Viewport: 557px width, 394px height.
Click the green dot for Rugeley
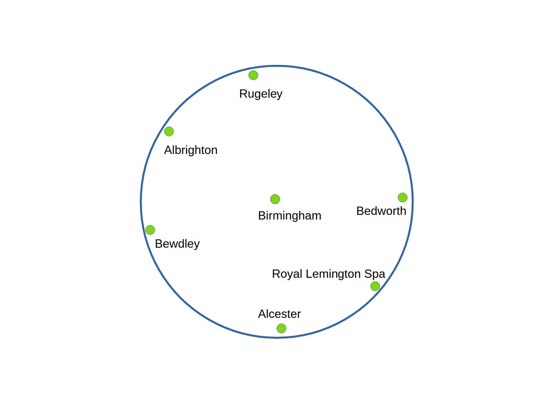tap(253, 75)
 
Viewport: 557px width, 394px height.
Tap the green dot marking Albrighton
tap(169, 131)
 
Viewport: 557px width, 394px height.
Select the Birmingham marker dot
tap(275, 199)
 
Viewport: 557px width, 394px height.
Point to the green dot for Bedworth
tap(403, 197)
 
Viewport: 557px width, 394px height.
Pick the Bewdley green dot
tap(150, 230)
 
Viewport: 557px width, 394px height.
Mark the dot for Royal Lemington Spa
tap(375, 286)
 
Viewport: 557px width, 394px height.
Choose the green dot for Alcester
tap(281, 328)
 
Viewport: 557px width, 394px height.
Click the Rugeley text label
tap(261, 94)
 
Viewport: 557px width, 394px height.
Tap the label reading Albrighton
tap(191, 150)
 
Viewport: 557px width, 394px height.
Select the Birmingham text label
tap(289, 216)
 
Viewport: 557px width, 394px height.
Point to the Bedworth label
tap(381, 211)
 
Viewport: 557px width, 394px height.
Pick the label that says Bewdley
tap(177, 244)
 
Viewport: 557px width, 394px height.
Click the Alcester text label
tap(279, 314)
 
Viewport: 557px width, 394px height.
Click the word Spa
tap(375, 274)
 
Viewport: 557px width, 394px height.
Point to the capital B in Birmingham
tap(262, 216)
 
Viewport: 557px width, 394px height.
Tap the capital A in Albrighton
tap(168, 150)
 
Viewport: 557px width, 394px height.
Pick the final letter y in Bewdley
tap(197, 245)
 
